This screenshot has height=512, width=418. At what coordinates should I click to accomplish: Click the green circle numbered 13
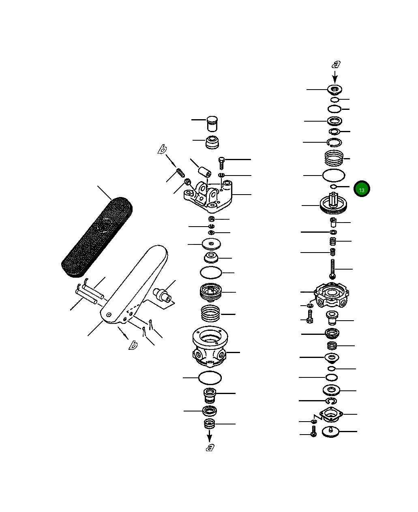(361, 189)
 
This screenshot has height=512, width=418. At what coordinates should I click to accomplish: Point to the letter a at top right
(336, 64)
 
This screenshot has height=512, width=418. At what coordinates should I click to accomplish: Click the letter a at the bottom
(210, 447)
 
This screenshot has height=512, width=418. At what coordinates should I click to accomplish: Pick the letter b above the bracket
(162, 150)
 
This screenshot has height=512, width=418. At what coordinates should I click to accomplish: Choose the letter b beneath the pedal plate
(133, 345)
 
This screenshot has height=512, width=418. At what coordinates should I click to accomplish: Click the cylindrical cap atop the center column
(212, 124)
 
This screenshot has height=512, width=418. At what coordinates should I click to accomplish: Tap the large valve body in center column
(210, 345)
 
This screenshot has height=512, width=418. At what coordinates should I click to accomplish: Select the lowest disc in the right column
(331, 432)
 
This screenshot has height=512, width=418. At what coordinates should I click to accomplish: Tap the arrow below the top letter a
(335, 77)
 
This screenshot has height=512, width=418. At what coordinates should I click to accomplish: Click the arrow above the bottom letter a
(210, 436)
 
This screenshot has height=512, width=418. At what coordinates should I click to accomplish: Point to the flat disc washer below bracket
(211, 244)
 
